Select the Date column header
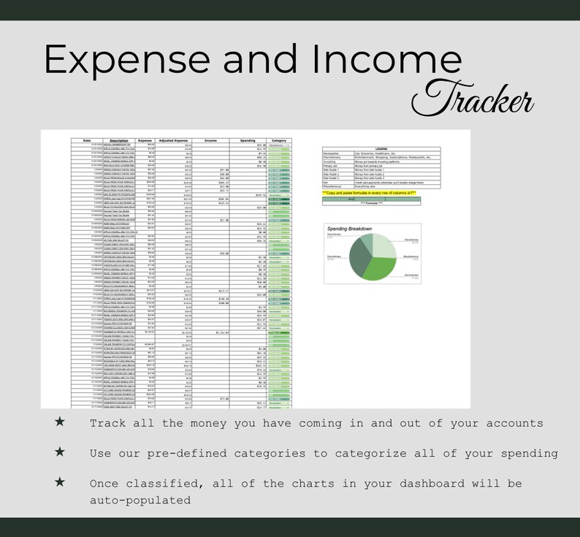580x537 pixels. click(x=87, y=140)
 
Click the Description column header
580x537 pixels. click(x=119, y=140)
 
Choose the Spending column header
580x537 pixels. click(x=248, y=140)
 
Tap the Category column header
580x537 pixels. click(x=278, y=140)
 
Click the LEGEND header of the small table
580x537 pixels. click(x=381, y=148)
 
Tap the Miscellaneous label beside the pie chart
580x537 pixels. click(x=411, y=256)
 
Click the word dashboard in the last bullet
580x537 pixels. click(x=432, y=484)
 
